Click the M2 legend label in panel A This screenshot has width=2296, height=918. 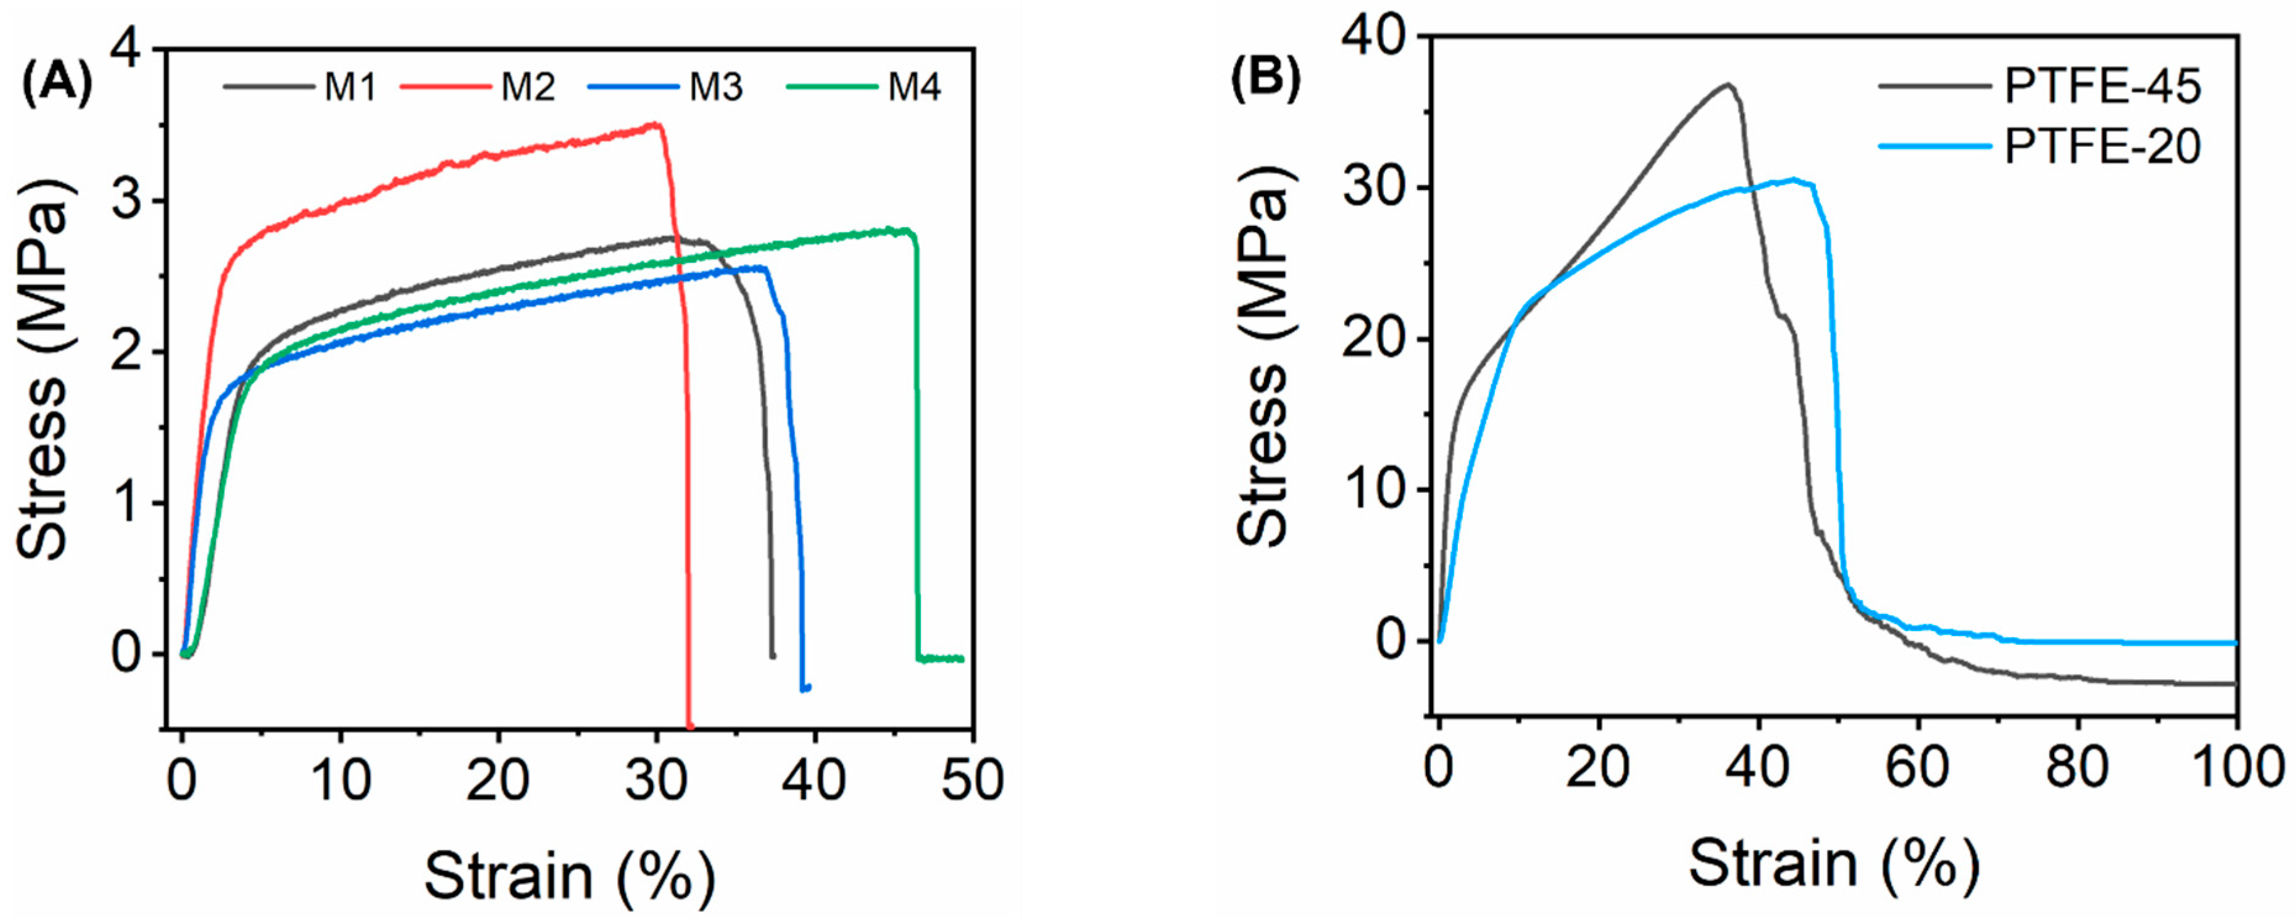(x=528, y=88)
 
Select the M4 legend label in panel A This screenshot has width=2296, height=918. (x=915, y=88)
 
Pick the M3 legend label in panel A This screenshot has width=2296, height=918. (x=716, y=88)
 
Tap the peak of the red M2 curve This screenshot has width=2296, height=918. (x=656, y=125)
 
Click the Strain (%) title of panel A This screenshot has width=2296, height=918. (x=570, y=875)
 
